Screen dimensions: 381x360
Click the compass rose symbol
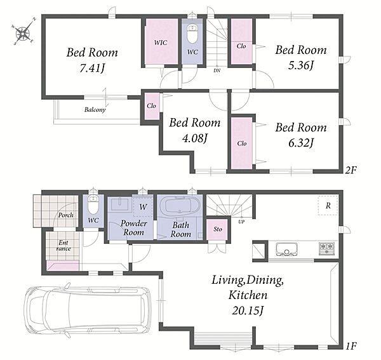(23, 32)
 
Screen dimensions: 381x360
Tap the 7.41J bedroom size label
(92, 69)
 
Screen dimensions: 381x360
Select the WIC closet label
(161, 43)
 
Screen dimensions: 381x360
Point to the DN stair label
(217, 70)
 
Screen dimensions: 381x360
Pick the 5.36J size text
(301, 65)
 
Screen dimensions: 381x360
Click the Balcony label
(95, 110)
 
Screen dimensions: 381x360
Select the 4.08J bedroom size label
(195, 138)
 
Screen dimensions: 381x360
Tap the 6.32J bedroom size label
(301, 143)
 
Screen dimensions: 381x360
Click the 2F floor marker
(351, 170)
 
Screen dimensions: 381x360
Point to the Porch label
(65, 215)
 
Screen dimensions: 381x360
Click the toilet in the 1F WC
(93, 204)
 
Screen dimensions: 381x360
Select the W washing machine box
(143, 207)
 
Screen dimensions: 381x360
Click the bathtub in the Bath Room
(182, 206)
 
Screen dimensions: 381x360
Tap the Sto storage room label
(218, 229)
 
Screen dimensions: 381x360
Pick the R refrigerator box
(328, 205)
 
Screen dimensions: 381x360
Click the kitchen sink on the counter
(287, 250)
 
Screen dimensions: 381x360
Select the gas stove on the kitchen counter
(326, 249)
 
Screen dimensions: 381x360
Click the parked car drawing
(88, 310)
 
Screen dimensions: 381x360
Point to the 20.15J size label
(248, 310)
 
